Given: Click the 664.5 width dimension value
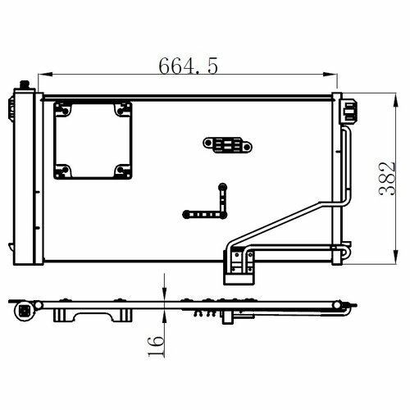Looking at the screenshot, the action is [x=189, y=66].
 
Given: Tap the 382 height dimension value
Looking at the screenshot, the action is [x=387, y=179].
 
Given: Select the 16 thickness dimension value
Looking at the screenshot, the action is [x=156, y=347].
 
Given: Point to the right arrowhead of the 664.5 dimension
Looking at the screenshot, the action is [x=330, y=74].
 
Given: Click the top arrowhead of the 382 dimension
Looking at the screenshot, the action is [x=396, y=100].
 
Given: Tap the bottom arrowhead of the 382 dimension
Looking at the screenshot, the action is [x=396, y=257].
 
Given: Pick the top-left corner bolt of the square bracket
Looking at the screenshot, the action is [x=65, y=111].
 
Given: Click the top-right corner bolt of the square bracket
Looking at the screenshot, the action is [x=121, y=111].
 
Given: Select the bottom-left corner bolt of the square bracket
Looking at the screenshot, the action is [x=65, y=170].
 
